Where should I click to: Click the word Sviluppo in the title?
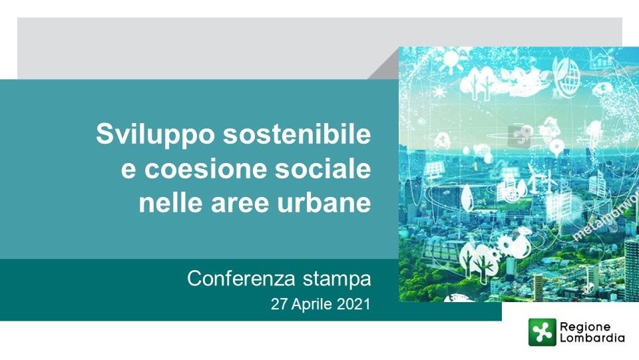coord(155,134)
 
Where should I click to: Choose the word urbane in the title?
coord(324,202)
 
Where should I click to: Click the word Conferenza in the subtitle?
coord(241,279)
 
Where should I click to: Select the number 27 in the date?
coord(279,304)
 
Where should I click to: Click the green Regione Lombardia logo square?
coord(542,332)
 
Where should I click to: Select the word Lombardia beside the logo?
coord(592,338)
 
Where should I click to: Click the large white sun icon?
coord(451,61)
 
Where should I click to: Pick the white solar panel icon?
coord(433,170)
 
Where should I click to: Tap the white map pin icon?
coord(556,148)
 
